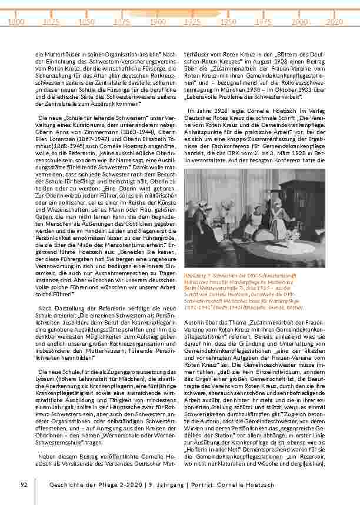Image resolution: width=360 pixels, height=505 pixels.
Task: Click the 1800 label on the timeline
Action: coord(17,21)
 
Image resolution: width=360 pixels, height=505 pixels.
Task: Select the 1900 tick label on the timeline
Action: coord(157,21)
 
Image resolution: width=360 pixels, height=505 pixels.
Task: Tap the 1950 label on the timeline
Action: coord(228,21)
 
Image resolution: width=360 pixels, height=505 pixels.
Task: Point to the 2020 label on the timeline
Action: coord(335,21)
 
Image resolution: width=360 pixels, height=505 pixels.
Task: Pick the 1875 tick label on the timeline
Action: coord(122,21)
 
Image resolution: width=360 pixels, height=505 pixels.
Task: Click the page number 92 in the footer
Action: coord(24,484)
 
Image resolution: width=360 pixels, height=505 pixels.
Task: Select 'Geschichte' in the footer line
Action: coord(65,484)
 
